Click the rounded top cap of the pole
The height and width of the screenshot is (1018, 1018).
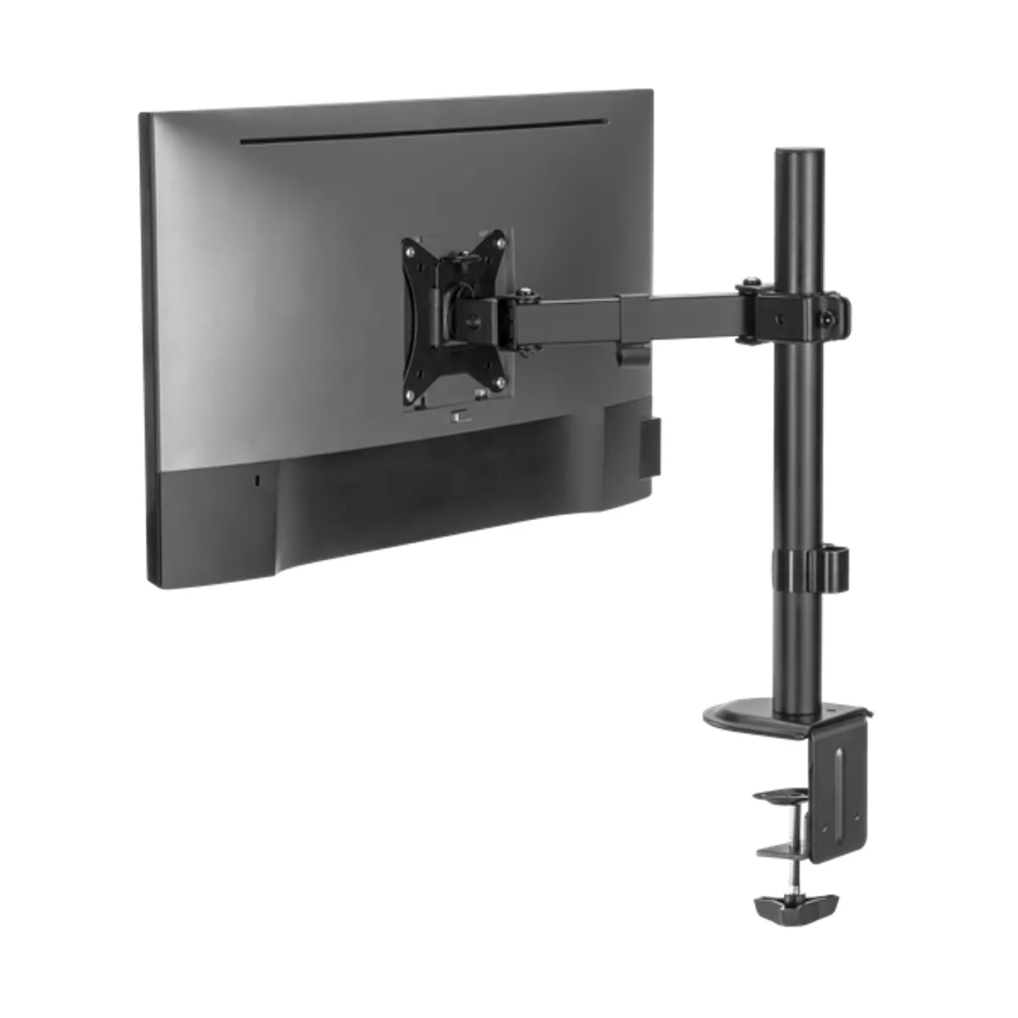pyautogui.click(x=800, y=154)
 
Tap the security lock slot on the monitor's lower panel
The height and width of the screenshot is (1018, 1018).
pyautogui.click(x=259, y=480)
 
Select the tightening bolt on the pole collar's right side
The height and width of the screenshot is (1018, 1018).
pyautogui.click(x=826, y=318)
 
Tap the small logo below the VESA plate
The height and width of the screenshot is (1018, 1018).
pyautogui.click(x=460, y=417)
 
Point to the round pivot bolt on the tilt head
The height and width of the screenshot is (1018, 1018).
pyautogui.click(x=472, y=321)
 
